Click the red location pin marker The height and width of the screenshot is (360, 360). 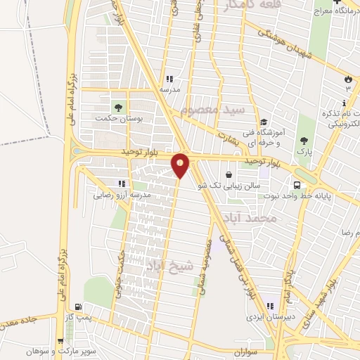click(x=181, y=165)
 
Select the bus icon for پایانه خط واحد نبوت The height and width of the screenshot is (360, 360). click(x=297, y=185)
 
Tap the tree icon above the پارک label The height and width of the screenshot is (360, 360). click(x=304, y=140)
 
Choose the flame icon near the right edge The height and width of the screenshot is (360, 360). click(x=347, y=78)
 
